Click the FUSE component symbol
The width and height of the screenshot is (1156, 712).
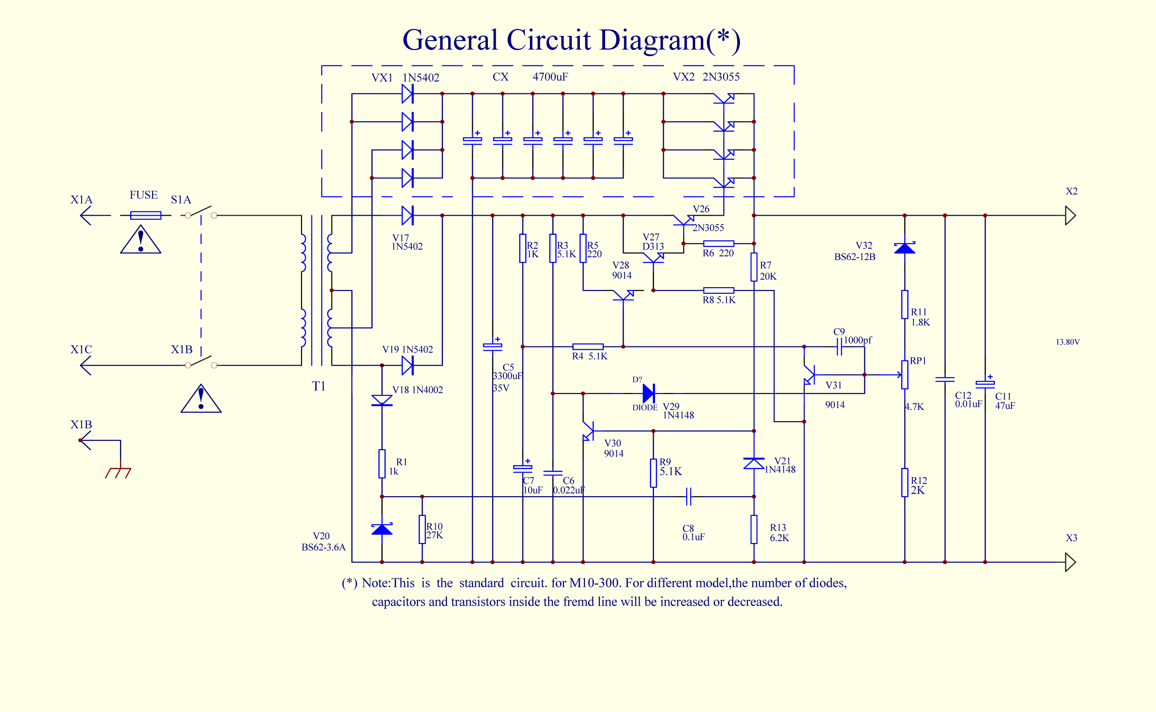tap(146, 215)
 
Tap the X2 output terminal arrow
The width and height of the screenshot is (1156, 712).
tap(1070, 215)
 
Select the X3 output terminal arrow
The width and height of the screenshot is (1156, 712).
tap(1070, 562)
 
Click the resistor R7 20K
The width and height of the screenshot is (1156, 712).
tap(754, 267)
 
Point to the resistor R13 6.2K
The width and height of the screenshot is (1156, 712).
tap(754, 529)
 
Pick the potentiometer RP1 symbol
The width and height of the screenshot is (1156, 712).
tap(904, 375)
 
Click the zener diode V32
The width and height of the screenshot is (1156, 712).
tap(904, 248)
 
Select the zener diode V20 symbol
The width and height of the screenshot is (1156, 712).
tap(382, 529)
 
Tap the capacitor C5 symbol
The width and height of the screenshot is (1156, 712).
tap(493, 346)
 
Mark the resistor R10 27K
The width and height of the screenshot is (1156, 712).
tap(423, 529)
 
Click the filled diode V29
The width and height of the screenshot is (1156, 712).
tap(649, 393)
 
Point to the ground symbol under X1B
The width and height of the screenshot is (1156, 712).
tap(118, 473)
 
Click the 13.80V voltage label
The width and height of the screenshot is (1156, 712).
tap(1067, 342)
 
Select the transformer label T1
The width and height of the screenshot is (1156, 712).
tap(319, 386)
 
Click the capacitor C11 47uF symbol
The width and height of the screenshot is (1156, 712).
tap(985, 384)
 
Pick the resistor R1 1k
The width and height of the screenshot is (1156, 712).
tap(382, 464)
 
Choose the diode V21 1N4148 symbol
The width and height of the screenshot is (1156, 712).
tap(754, 463)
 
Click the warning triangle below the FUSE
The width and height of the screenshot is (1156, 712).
tap(141, 240)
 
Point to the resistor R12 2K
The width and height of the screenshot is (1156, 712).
tap(904, 482)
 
